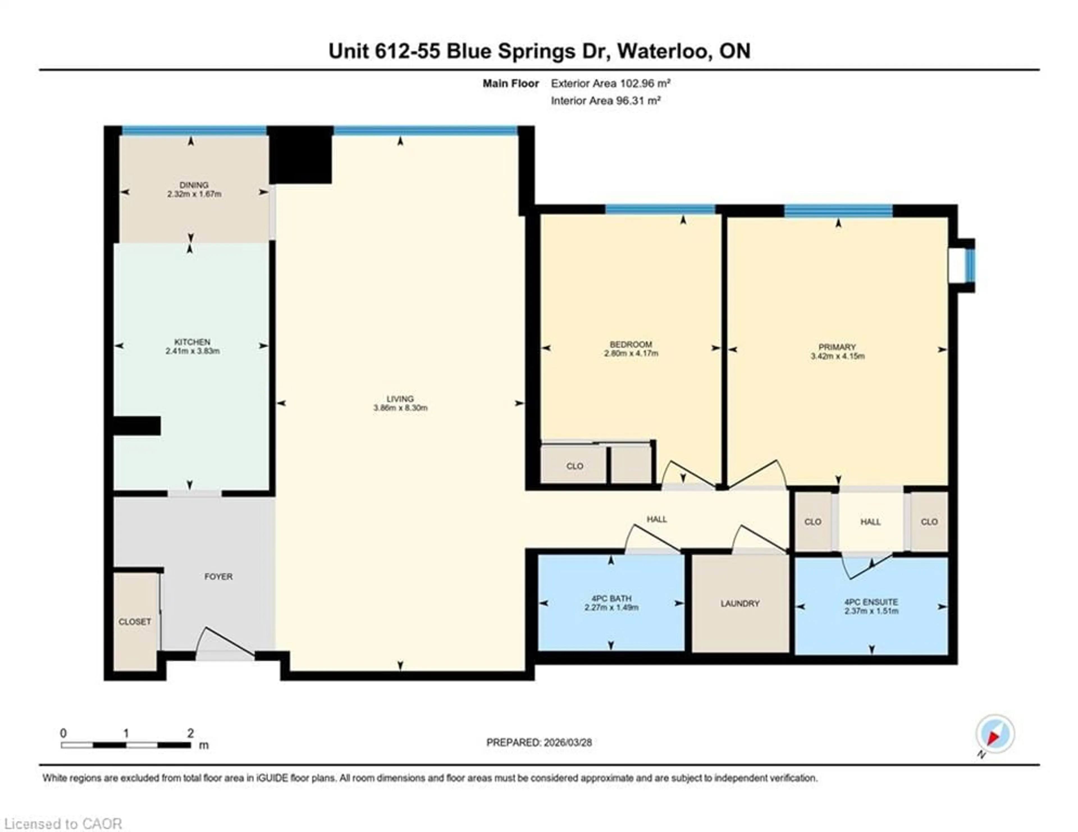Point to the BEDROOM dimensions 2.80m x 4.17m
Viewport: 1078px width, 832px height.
(x=631, y=354)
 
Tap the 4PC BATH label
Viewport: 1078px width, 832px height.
(x=611, y=598)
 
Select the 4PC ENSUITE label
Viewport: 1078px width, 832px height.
(x=871, y=602)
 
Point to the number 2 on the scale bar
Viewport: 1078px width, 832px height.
(x=191, y=733)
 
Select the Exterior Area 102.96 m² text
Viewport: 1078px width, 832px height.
(x=610, y=83)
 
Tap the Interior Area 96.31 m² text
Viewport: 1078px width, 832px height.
(x=606, y=101)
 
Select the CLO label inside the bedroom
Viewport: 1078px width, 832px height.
(x=575, y=466)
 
